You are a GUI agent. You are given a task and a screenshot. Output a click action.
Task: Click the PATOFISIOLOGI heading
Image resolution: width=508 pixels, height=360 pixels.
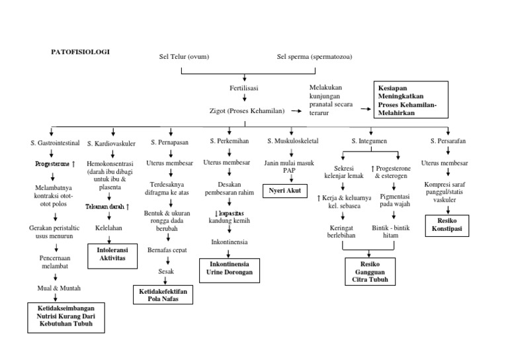(x=80, y=51)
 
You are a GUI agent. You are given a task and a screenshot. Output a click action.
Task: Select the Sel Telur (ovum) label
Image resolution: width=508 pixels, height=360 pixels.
(x=179, y=56)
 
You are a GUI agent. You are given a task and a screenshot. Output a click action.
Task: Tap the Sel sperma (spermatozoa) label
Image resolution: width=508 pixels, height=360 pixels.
(x=314, y=56)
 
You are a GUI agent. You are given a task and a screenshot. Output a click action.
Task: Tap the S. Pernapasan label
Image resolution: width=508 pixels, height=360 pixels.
(x=170, y=142)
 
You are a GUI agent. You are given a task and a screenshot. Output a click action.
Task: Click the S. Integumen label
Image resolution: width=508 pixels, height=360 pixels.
(x=370, y=142)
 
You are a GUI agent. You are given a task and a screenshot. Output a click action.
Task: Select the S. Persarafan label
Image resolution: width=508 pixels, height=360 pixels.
(x=448, y=142)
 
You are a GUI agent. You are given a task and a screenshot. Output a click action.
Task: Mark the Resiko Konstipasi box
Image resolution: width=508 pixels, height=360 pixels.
(x=448, y=226)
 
